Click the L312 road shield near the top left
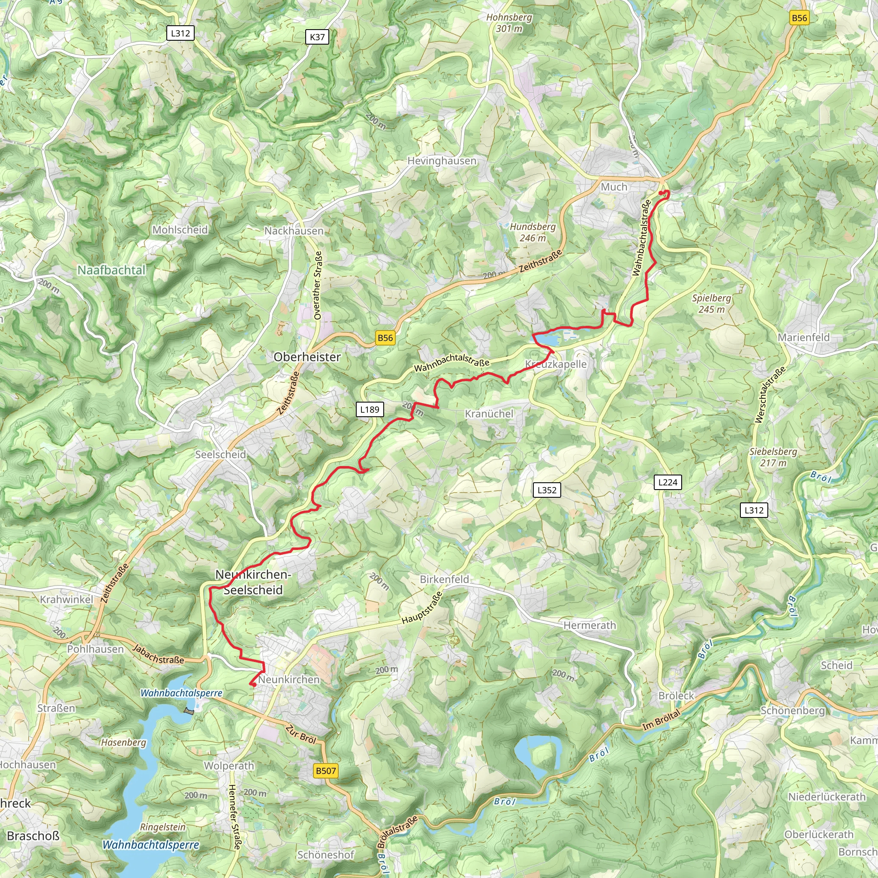point(180,33)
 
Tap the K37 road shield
point(317,37)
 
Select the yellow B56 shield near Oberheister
point(385,338)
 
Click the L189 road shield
point(370,409)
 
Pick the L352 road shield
point(547,490)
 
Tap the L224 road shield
point(668,482)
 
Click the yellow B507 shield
point(326,771)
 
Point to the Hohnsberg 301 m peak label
point(509,23)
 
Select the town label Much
point(614,187)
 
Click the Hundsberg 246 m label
point(532,232)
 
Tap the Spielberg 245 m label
point(712,304)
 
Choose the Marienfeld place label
point(803,337)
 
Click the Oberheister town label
point(307,357)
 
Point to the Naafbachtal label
point(111,271)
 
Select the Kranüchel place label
point(489,414)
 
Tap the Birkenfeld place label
point(444,580)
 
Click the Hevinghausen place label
point(442,161)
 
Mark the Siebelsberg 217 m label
point(773,457)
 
